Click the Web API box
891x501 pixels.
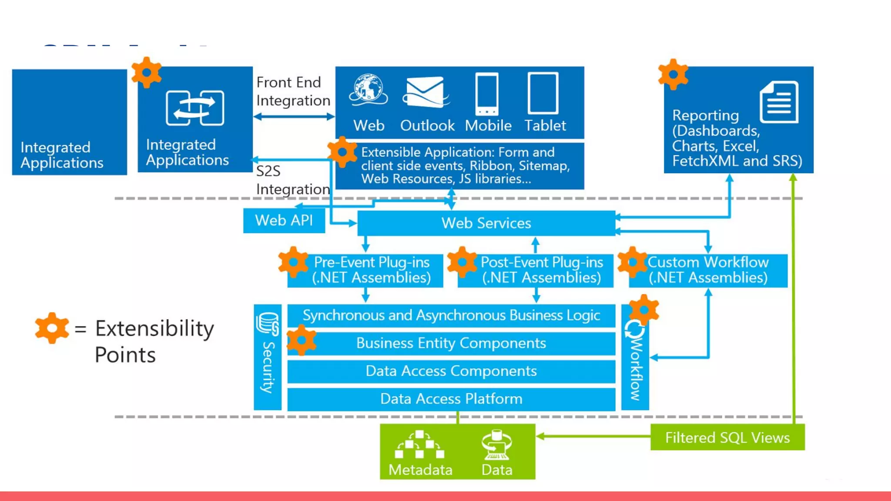tap(284, 220)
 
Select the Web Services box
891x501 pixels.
tap(486, 223)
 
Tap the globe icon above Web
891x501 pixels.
tap(368, 90)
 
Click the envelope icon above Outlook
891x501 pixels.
tap(425, 92)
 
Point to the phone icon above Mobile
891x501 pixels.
tap(487, 94)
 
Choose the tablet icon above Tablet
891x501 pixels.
tap(543, 93)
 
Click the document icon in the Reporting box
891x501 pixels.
tap(779, 102)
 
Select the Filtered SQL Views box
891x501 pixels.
tap(727, 437)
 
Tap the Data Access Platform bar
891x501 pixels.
tap(451, 399)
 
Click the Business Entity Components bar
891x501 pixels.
tap(451, 343)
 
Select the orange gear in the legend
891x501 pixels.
tap(52, 328)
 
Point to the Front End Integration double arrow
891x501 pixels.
tap(294, 117)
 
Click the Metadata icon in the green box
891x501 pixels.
tap(419, 444)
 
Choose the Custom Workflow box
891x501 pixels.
tap(708, 270)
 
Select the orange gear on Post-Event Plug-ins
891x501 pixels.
tap(462, 262)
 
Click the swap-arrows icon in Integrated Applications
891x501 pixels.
tap(195, 108)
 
